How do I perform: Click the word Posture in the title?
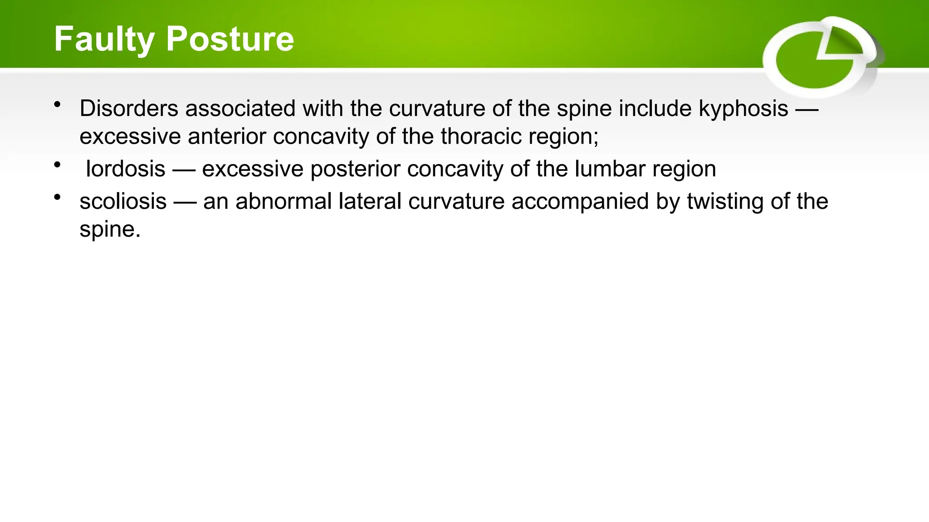[x=230, y=39]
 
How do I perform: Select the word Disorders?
[x=129, y=109]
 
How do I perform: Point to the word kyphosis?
[x=743, y=109]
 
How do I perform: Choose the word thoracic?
[x=481, y=136]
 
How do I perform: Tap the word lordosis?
[x=126, y=169]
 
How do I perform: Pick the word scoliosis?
[x=123, y=202]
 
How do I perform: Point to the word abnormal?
[x=284, y=202]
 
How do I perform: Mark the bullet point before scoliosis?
[x=57, y=197]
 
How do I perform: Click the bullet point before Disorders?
[x=57, y=105]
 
